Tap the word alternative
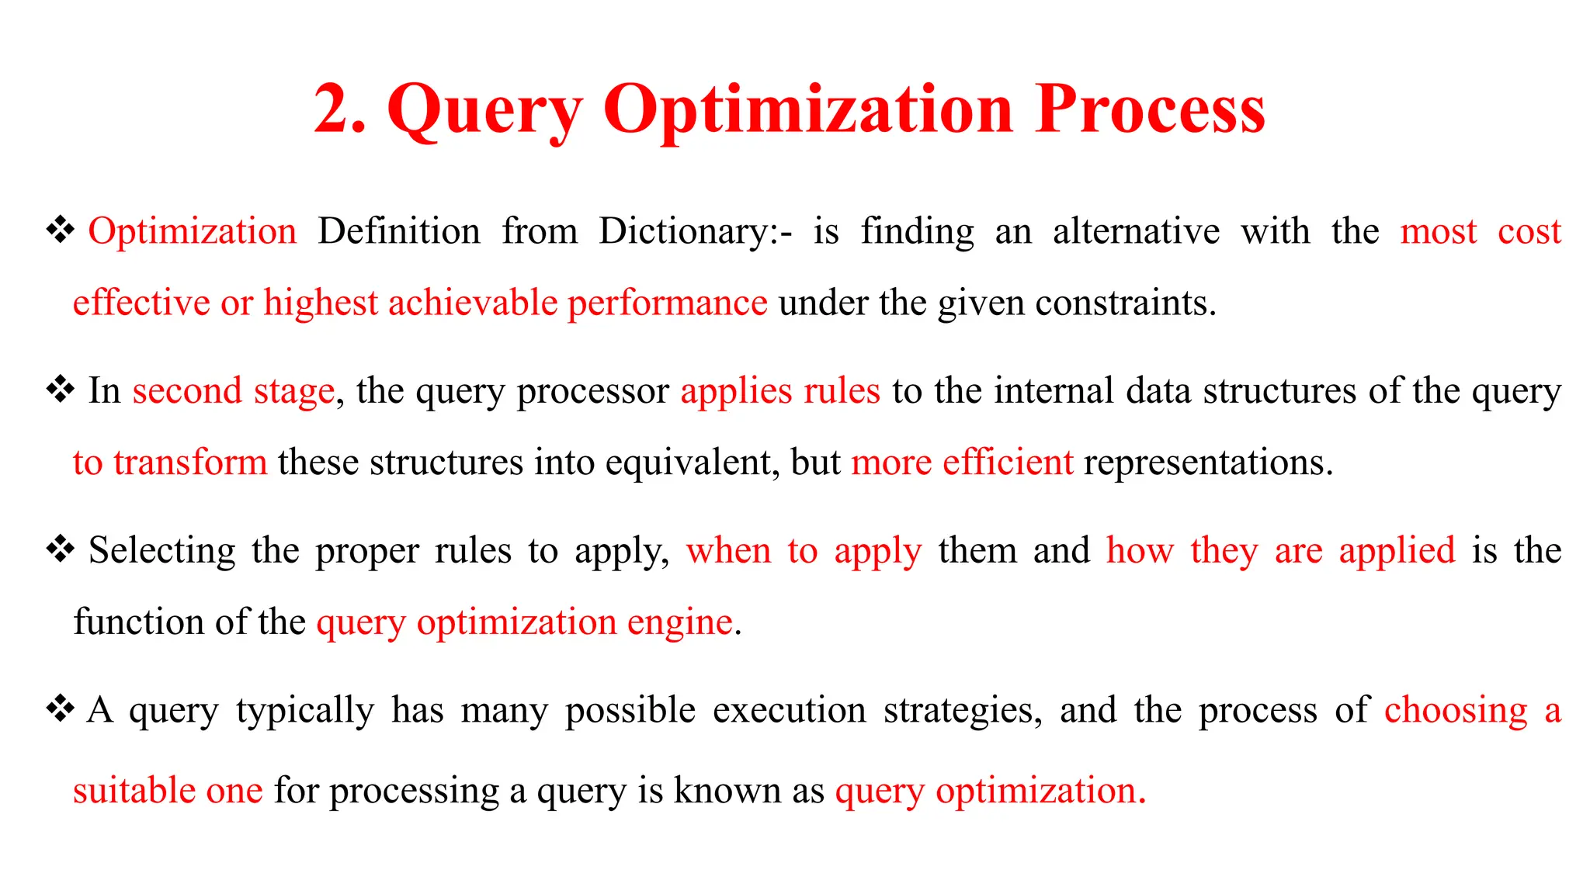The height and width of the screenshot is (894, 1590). [x=1136, y=232]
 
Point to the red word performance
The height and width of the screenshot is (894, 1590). [x=667, y=303]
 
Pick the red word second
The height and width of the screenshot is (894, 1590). [x=187, y=390]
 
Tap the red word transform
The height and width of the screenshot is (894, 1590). [x=190, y=463]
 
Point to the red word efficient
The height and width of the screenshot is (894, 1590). [x=1008, y=463]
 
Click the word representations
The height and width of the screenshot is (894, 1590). [x=1207, y=463]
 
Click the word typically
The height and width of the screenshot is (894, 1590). [x=305, y=711]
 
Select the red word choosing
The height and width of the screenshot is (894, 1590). [x=1456, y=711]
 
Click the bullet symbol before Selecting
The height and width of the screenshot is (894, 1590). [x=60, y=549]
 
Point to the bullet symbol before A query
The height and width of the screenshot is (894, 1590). [x=60, y=709]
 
